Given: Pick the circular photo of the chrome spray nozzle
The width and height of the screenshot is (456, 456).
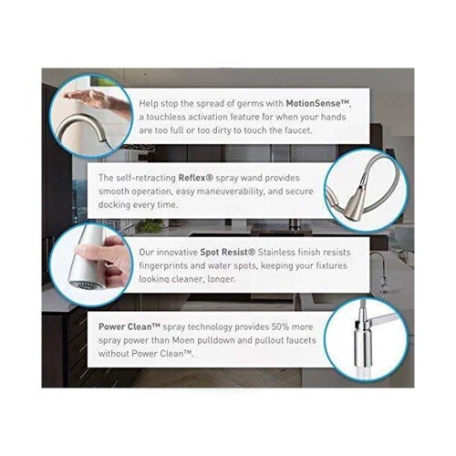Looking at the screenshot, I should click(364, 338).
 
